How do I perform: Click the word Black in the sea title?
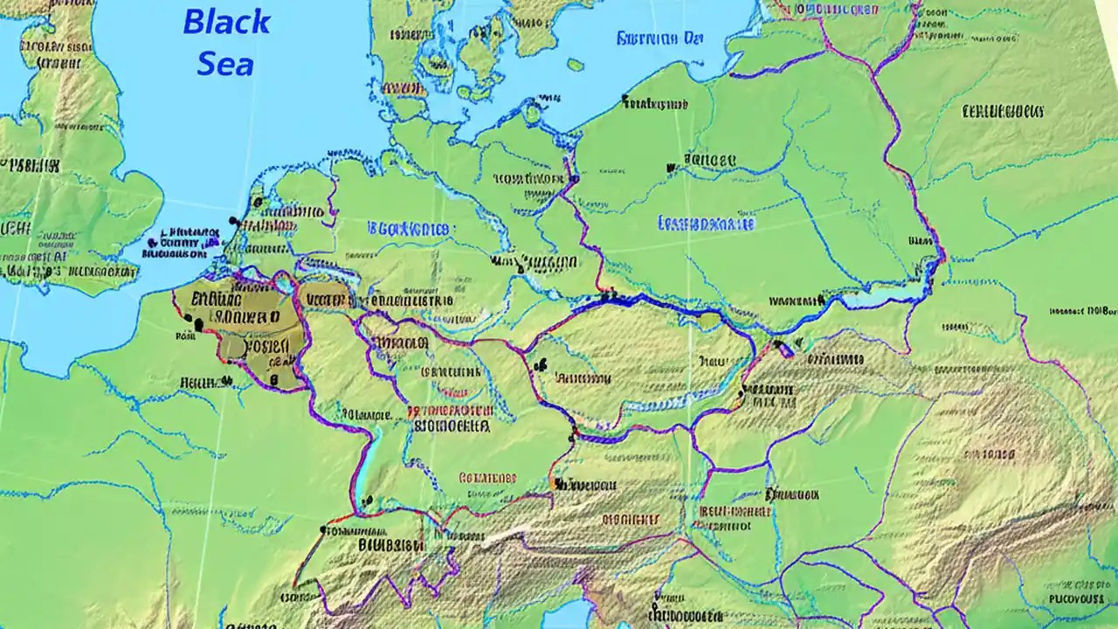pyautogui.click(x=226, y=22)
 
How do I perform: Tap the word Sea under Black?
pyautogui.click(x=225, y=63)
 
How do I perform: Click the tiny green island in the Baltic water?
pyautogui.click(x=575, y=65)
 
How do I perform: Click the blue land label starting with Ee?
pyautogui.click(x=706, y=223)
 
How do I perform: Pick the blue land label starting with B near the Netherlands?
pyautogui.click(x=409, y=229)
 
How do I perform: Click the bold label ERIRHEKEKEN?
pyautogui.click(x=1003, y=111)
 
